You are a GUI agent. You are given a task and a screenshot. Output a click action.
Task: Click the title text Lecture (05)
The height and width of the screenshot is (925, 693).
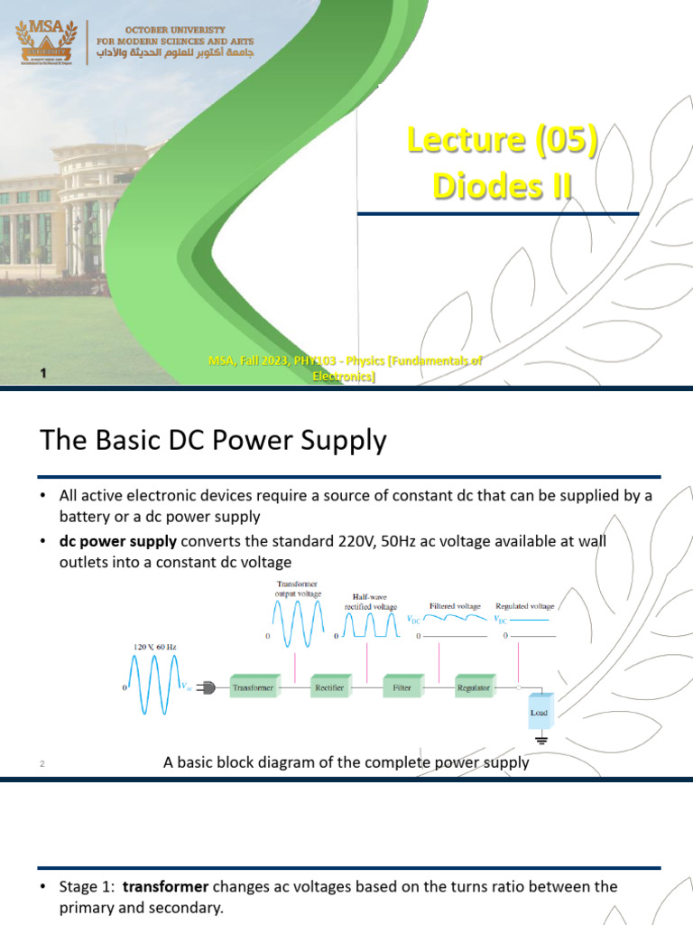point(503,141)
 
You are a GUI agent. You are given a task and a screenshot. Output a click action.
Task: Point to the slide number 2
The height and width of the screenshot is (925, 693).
point(42,765)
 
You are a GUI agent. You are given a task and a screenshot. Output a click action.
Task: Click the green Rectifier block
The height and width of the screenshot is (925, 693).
point(329,687)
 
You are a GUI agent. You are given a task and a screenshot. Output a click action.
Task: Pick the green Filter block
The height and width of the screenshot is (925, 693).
point(402,687)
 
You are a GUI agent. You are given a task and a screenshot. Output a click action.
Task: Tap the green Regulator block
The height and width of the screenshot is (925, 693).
point(474,687)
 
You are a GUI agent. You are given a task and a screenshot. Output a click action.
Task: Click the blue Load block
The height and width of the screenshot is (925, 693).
point(538,712)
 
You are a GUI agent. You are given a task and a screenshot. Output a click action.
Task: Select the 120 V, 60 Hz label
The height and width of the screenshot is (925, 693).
point(156,647)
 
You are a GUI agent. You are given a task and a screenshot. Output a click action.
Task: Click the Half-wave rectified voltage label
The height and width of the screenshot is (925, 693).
point(371,603)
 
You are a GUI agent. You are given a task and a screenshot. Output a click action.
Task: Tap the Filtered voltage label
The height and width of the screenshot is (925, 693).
point(455,606)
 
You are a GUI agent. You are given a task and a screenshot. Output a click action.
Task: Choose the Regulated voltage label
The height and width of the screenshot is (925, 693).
point(524,606)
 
